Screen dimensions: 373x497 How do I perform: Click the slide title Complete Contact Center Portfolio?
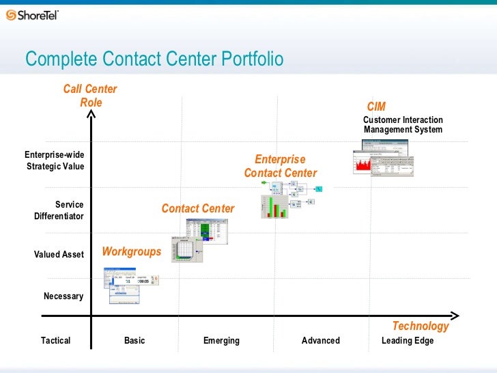tap(154, 59)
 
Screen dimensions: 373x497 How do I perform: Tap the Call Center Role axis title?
tap(90, 96)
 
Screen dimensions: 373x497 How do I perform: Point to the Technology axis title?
tap(420, 326)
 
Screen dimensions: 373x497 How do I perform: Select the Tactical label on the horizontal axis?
tap(55, 340)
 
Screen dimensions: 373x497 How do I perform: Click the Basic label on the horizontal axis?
tap(134, 340)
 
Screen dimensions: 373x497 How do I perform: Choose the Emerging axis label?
tap(221, 340)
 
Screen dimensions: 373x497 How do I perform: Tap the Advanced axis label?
tap(320, 340)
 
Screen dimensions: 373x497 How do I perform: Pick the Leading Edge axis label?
tap(408, 340)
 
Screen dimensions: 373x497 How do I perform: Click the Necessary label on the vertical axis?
tap(63, 296)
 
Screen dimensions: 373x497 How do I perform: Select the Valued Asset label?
tap(59, 254)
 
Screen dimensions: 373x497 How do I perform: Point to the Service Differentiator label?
tap(60, 210)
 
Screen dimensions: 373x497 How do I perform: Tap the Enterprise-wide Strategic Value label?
tap(55, 161)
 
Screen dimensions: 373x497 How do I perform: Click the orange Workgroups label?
tap(132, 251)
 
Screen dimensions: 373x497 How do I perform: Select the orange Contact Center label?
tap(198, 208)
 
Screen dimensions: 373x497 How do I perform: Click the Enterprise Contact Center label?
tap(280, 166)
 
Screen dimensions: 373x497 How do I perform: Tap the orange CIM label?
tap(376, 107)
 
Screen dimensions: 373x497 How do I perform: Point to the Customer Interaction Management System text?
tap(403, 124)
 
